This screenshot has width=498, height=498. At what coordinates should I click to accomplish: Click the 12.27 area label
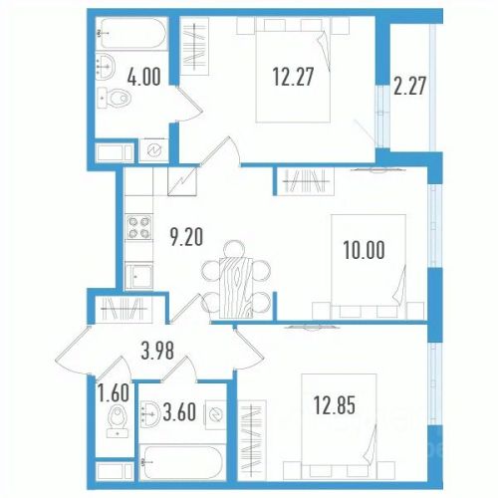(293, 77)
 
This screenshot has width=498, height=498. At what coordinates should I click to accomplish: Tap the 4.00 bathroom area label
(144, 77)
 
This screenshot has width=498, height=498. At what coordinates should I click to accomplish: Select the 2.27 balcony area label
(409, 86)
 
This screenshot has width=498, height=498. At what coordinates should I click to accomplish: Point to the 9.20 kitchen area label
(186, 237)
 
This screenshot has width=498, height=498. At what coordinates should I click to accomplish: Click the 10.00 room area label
(365, 250)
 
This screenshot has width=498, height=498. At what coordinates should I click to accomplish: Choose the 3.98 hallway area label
(157, 351)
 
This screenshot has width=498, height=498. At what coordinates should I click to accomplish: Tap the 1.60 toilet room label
(114, 392)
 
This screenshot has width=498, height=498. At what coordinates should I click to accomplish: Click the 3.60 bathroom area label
(179, 412)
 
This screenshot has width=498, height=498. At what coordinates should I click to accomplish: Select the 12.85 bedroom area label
(335, 405)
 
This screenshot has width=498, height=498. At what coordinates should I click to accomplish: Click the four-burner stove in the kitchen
(138, 227)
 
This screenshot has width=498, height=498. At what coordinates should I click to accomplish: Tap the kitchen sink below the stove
(138, 276)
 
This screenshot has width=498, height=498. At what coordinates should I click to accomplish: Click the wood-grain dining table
(236, 287)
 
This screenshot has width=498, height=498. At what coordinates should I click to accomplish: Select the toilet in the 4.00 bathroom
(115, 98)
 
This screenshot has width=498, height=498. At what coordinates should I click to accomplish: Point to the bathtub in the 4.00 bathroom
(132, 33)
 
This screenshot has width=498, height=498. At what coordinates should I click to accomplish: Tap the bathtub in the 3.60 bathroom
(182, 462)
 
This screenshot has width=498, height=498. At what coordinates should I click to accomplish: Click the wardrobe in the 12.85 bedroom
(252, 440)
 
